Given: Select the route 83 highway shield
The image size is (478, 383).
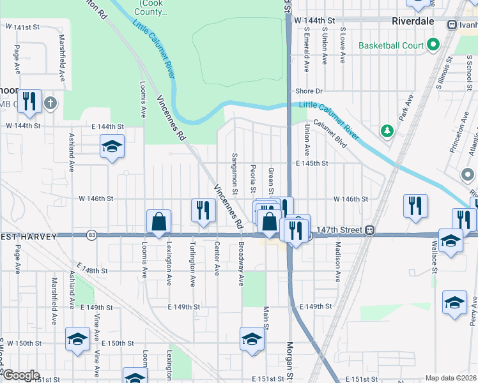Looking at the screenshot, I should click(x=92, y=235).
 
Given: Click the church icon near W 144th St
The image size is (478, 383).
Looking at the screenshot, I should click(x=50, y=103).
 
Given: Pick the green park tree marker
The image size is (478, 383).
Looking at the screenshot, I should click(x=387, y=131).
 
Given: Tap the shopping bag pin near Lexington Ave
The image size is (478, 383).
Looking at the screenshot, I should click(x=158, y=222).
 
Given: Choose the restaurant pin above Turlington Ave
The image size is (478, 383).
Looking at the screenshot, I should click(x=202, y=211).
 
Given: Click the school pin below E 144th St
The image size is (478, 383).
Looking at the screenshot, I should click(x=112, y=147).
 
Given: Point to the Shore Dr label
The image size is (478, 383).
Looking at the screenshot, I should click(x=309, y=91).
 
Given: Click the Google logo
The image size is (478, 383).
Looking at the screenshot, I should click(x=20, y=375).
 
